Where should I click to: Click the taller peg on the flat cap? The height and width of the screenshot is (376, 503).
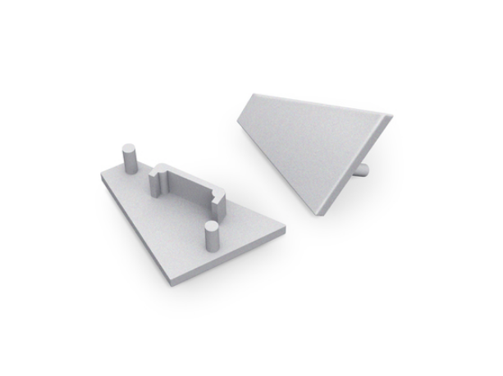point(129,159)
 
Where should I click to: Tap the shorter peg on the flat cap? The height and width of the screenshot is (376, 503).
point(212,237)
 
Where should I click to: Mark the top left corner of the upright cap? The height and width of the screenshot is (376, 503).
point(246,93)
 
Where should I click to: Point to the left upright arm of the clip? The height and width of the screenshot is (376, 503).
point(156,183)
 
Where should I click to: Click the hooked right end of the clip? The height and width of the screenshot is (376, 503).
point(219,197)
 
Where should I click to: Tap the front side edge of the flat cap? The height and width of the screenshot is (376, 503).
point(230,260)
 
